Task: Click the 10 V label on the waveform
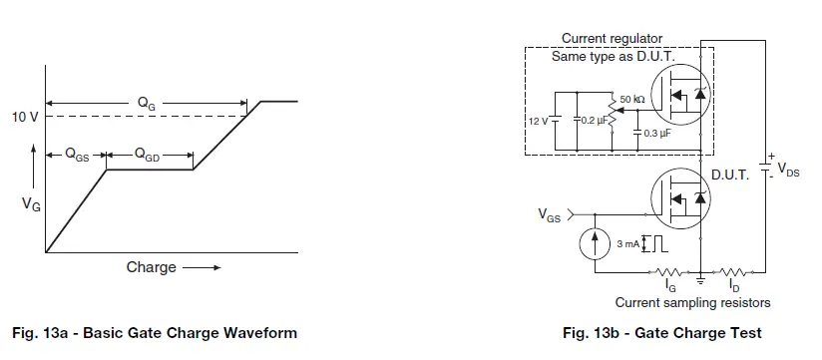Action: click(x=25, y=117)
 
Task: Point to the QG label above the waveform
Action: click(x=147, y=102)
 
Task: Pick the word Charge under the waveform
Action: click(x=151, y=267)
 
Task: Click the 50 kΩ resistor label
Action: click(x=632, y=100)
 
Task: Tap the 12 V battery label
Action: click(x=538, y=121)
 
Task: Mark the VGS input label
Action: click(x=550, y=213)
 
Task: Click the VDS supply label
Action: click(x=787, y=170)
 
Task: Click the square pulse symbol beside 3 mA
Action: click(x=652, y=242)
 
